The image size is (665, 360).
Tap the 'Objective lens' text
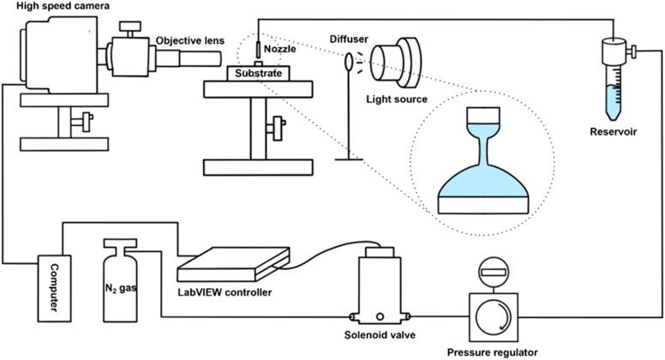pos(190,40)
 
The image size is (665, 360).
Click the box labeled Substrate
pos(258,73)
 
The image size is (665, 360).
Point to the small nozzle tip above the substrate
pos(258,50)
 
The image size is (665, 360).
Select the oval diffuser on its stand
pos(349,61)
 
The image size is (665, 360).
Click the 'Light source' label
pos(397,99)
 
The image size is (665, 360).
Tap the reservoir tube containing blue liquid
pos(614,80)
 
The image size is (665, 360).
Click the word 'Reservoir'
pos(614,131)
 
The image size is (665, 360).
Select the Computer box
pos(54,288)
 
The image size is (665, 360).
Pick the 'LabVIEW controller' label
pos(225,292)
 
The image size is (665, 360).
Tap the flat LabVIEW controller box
pos(234,264)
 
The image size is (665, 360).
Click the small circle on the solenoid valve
pos(380,316)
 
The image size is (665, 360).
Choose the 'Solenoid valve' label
pos(380,335)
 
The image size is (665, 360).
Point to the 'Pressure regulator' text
pos(493,352)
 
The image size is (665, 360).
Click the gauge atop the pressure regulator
pos(493,272)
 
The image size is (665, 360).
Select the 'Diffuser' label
pos(349,39)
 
